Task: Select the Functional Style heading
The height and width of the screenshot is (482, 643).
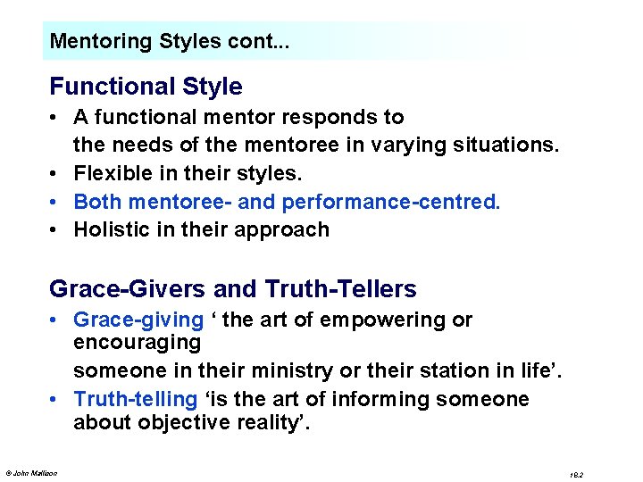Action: [x=146, y=87]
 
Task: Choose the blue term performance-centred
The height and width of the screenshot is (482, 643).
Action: [x=391, y=202]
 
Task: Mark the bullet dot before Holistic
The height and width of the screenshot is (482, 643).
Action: [x=55, y=229]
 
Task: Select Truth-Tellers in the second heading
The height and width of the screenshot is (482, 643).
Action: [x=341, y=289]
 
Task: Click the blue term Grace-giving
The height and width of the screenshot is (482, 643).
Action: [x=138, y=320]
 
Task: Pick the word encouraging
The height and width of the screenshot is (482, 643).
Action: [x=137, y=343]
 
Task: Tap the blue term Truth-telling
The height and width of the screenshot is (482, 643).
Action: [x=135, y=399]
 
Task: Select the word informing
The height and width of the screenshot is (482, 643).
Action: [x=371, y=399]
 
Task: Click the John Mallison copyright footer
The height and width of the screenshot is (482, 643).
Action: [x=31, y=473]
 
